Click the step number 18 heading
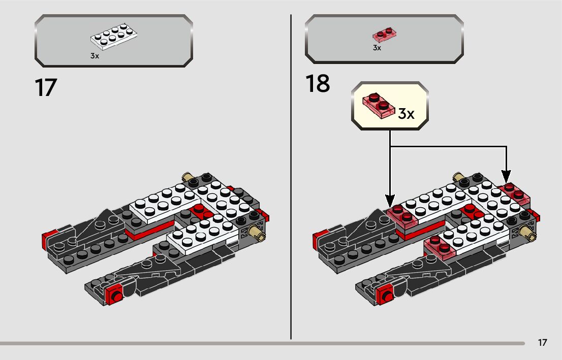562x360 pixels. click(318, 84)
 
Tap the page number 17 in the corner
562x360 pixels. click(542, 343)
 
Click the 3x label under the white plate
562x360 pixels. click(95, 56)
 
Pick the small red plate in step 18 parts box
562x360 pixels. click(385, 35)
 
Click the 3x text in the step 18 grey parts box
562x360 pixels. click(377, 48)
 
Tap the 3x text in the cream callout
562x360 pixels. click(406, 113)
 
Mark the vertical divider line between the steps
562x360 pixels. click(291, 178)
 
